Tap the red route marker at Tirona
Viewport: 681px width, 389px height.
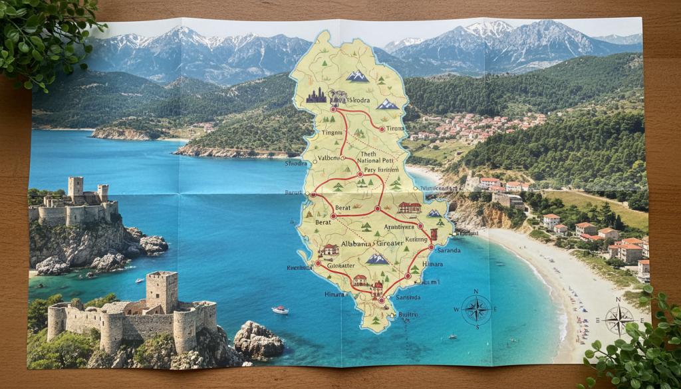tap(382, 128)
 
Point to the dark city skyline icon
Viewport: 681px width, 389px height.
tap(317, 96)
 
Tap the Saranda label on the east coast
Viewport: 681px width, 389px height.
tap(448, 250)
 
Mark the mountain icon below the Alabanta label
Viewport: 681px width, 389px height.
tap(378, 258)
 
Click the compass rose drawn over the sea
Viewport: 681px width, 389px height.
tap(476, 309)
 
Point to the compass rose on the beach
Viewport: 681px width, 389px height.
tap(618, 320)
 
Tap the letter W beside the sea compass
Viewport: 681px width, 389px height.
tap(456, 310)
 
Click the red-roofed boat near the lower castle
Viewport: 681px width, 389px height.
tap(280, 310)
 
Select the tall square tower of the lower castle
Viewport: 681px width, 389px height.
tap(162, 291)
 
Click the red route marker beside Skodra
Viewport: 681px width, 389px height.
tap(333, 108)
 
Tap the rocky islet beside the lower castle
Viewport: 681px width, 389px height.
tap(258, 340)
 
